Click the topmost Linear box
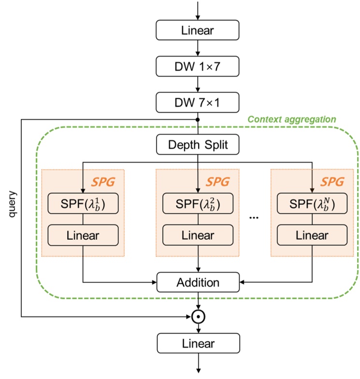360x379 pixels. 198,30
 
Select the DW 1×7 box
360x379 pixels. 198,66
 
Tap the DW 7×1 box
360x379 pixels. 198,102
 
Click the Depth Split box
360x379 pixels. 198,145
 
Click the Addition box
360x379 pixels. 198,282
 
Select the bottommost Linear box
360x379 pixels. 198,344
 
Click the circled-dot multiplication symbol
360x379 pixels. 198,317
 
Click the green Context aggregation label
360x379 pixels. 291,119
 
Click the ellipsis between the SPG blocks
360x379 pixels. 254,218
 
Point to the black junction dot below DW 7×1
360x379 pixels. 198,119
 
